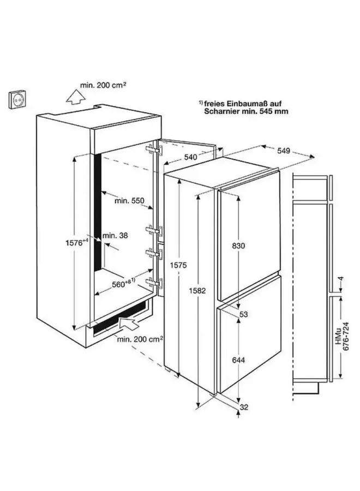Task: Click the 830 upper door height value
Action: click(238, 245)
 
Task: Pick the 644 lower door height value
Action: click(238, 361)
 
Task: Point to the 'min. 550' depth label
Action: click(129, 201)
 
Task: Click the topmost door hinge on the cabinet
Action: click(152, 151)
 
